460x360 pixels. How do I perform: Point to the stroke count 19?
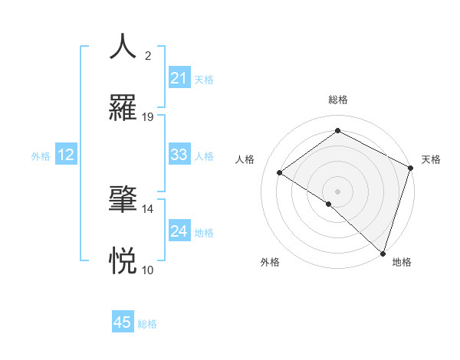148,117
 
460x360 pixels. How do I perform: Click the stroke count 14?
148,208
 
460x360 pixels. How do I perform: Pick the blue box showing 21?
179,78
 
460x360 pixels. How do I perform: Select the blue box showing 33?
179,155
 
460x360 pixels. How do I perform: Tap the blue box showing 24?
179,231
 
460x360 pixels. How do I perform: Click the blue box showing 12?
66,155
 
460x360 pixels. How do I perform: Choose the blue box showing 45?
123,322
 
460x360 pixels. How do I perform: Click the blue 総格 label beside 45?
147,324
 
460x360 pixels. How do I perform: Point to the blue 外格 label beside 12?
41,155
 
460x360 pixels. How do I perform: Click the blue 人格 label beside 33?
204,155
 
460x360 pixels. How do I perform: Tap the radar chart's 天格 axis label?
431,159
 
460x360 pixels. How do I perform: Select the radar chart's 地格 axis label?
402,263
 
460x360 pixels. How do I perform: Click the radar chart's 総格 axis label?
338,100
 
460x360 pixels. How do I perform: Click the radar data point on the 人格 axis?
280,172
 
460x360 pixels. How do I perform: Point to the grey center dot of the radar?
338,191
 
